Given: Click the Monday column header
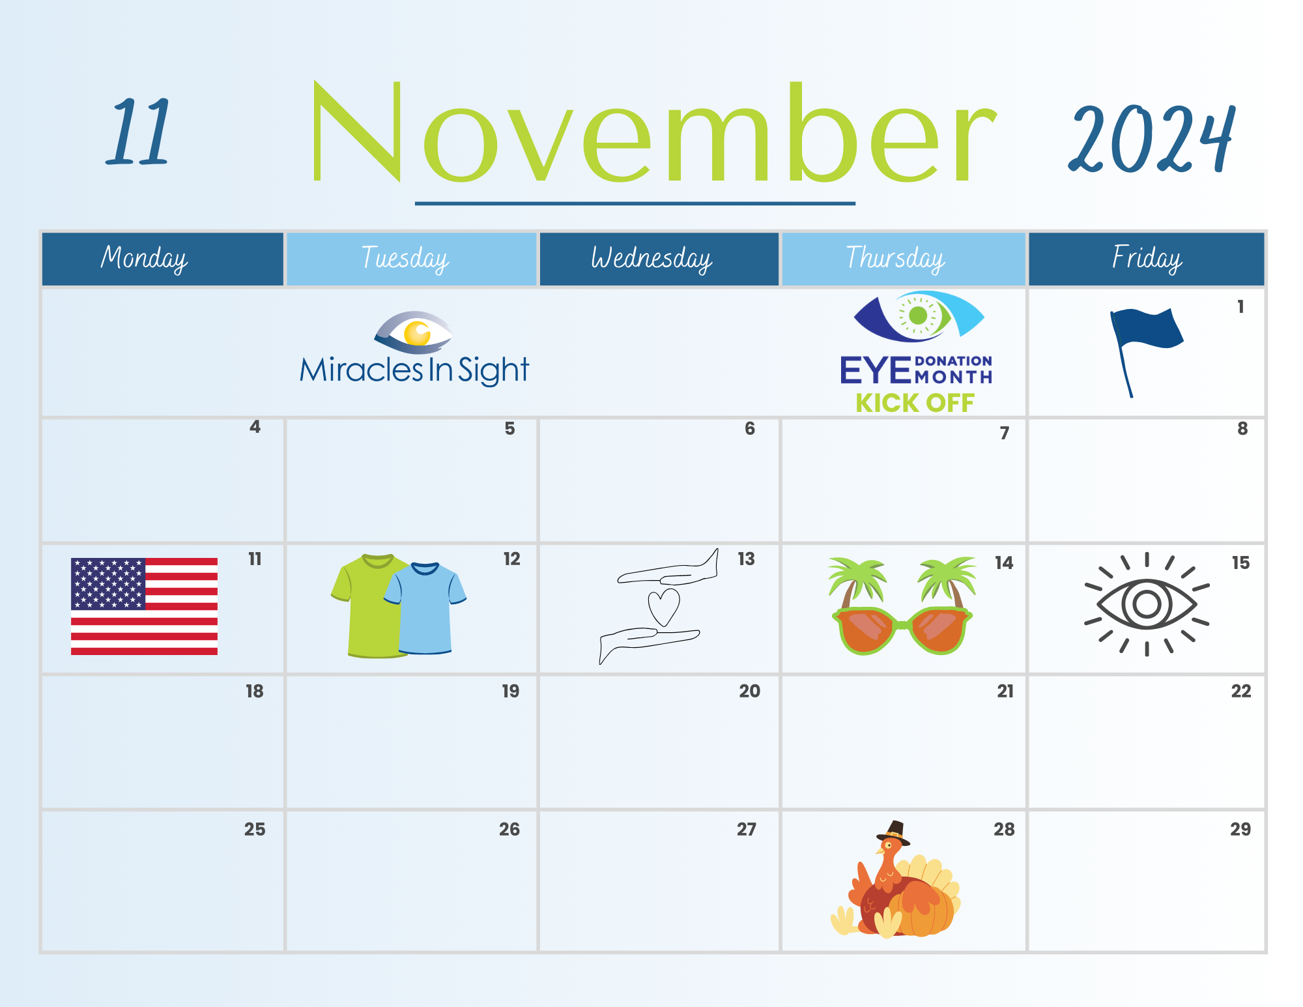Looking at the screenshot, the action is click(163, 259).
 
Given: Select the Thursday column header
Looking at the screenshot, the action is click(903, 259).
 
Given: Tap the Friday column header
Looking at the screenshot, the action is click(1147, 259).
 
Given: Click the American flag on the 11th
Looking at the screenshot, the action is click(144, 606).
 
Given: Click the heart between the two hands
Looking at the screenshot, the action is click(664, 606).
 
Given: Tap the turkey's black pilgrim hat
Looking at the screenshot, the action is click(893, 833).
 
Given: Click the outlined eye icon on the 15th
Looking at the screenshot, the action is click(1147, 604).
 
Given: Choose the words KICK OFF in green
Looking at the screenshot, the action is click(915, 403).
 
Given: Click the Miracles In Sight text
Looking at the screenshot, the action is click(414, 370).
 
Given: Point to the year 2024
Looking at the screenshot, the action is click(1152, 139).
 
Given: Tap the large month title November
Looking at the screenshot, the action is click(655, 132).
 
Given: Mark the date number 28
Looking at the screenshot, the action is click(1004, 829).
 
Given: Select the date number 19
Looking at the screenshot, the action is click(511, 691).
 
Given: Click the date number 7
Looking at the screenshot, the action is click(1005, 433).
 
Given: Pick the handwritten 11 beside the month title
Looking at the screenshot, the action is click(139, 131).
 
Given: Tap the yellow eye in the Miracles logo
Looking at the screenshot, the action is click(417, 333).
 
